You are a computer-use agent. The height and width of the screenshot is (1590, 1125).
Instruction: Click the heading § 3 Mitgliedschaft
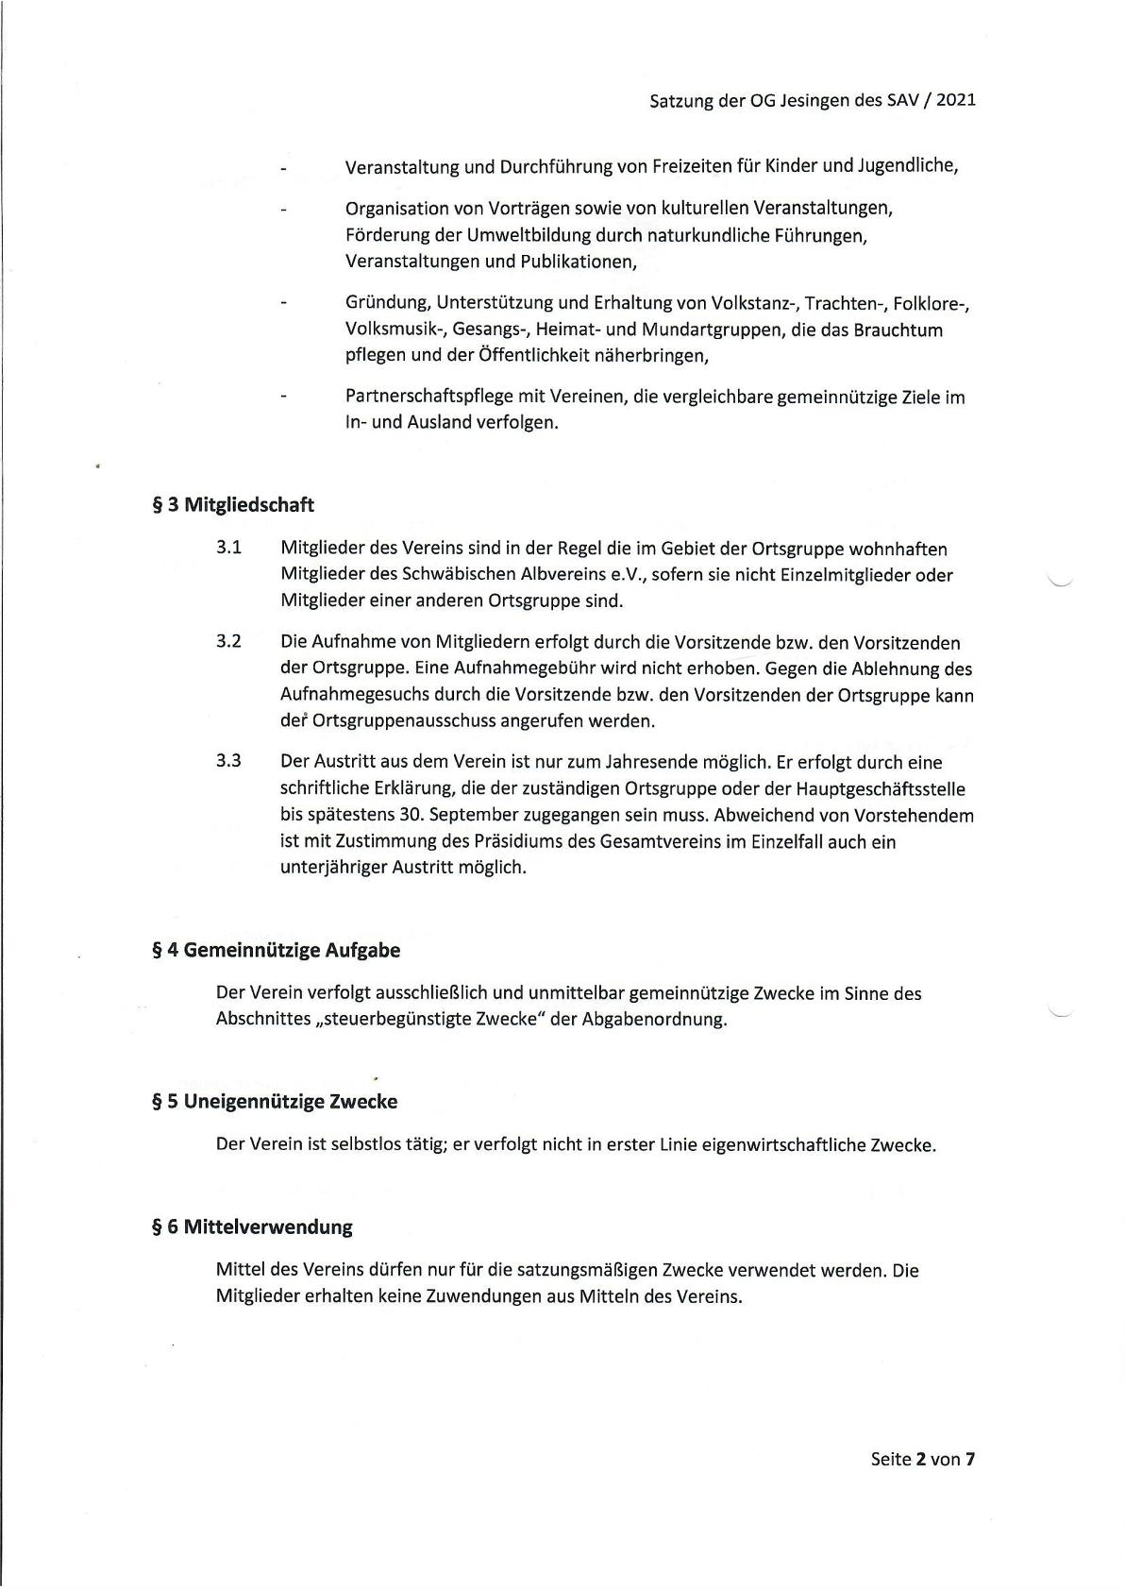[x=233, y=504]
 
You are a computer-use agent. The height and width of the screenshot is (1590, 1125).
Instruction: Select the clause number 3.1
[x=228, y=548]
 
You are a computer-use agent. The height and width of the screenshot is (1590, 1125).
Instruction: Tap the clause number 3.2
[x=228, y=642]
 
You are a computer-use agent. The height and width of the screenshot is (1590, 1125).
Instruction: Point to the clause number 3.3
[x=228, y=761]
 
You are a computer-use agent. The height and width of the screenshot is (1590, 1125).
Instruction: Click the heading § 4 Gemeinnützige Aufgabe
[x=276, y=950]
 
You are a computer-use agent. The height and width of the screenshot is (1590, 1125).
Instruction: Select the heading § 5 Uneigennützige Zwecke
[x=275, y=1101]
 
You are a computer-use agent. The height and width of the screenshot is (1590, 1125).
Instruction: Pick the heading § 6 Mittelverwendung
[x=252, y=1226]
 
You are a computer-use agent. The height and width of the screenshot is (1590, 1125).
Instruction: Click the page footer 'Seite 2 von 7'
[x=922, y=1459]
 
